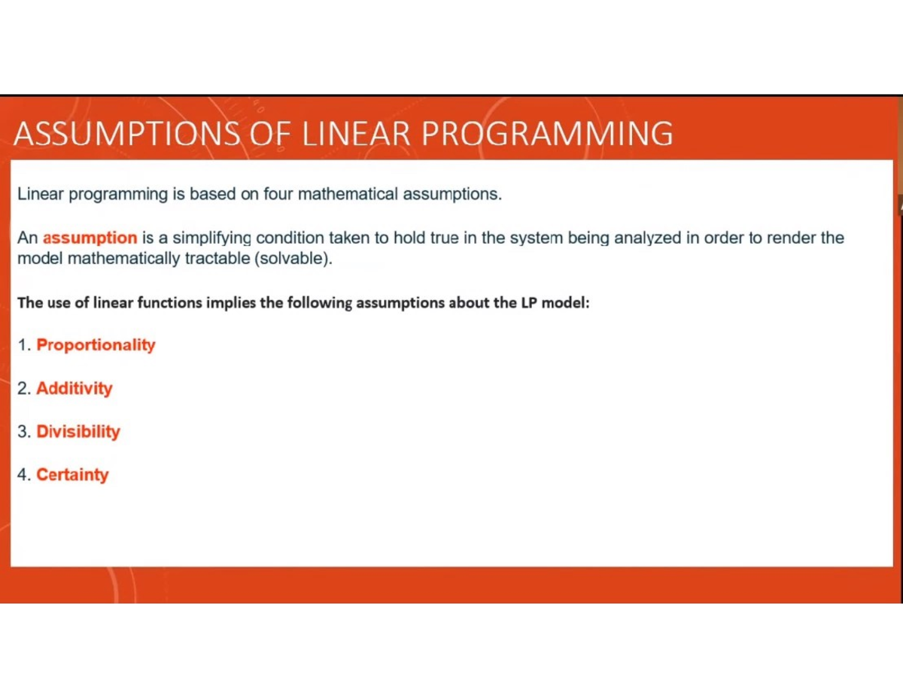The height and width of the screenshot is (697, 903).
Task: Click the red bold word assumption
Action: pyautogui.click(x=90, y=238)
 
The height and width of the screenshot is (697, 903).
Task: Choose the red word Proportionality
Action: pyautogui.click(x=96, y=345)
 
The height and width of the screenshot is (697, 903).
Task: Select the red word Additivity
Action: pyautogui.click(x=74, y=389)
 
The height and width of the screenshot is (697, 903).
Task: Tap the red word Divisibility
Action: pyautogui.click(x=78, y=432)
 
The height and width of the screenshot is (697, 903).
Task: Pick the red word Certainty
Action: pyautogui.click(x=72, y=475)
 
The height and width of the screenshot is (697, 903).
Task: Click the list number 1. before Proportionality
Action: pyautogui.click(x=25, y=345)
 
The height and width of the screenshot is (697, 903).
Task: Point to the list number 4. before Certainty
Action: pyautogui.click(x=25, y=475)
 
